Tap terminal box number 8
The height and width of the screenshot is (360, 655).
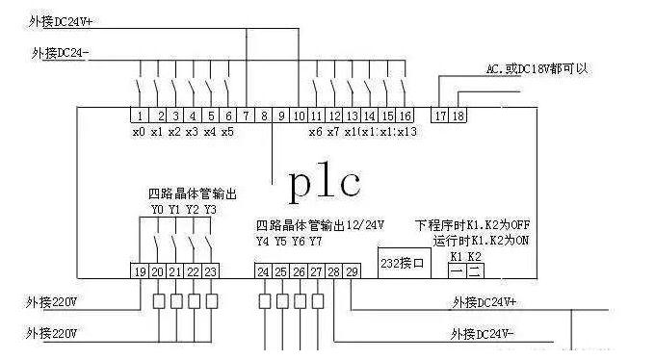(265, 116)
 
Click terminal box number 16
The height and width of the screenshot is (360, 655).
(405, 116)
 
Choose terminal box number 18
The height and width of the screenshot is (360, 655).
(458, 116)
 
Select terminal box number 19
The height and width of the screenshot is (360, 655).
(141, 271)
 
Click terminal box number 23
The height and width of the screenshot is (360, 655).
(211, 271)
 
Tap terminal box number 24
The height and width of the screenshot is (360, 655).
(263, 271)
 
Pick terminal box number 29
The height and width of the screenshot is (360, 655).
(352, 271)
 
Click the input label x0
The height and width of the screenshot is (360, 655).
(139, 132)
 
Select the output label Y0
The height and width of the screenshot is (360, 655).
(157, 209)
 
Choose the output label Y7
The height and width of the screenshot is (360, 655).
(315, 241)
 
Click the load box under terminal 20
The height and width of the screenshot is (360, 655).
(159, 301)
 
